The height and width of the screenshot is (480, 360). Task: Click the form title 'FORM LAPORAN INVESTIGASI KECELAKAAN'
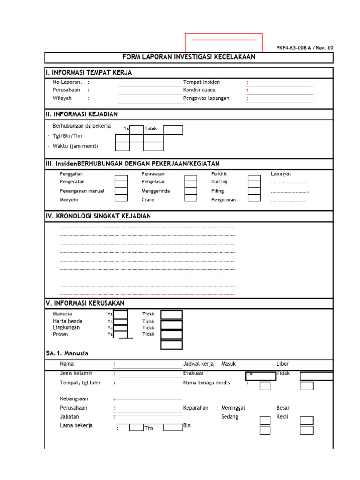188,57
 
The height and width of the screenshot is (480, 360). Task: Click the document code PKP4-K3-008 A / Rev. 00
305,48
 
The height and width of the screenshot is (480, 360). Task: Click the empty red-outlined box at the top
224,42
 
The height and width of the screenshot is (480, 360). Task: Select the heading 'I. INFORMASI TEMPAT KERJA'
89,73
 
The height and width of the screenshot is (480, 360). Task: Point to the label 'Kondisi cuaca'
199,90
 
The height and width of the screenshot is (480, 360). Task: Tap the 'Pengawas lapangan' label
206,98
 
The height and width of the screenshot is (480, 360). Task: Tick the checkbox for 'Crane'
190,197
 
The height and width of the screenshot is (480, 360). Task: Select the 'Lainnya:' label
281,174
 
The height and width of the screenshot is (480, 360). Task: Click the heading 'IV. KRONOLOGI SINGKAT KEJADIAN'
98,216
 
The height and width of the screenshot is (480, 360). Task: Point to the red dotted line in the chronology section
148,295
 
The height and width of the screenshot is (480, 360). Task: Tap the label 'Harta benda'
67,321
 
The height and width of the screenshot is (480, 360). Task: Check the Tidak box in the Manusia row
172,315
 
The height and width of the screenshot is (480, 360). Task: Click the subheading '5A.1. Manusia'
67,353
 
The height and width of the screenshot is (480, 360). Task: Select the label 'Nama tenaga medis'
206,382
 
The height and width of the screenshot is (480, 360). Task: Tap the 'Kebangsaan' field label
74,398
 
